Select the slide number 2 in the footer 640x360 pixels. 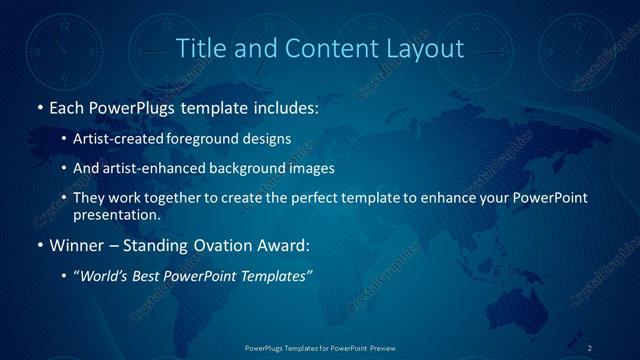[x=589, y=347]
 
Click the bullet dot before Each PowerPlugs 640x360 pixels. [x=39, y=106]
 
